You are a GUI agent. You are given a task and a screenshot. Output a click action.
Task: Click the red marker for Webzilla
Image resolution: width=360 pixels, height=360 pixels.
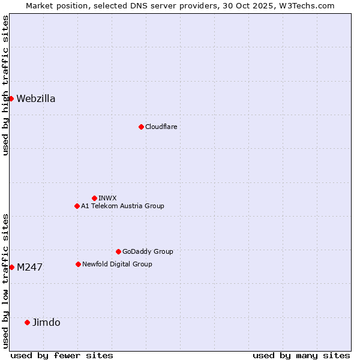pos(11,98)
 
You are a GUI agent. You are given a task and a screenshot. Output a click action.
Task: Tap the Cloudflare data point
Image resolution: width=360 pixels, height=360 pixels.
pos(141,127)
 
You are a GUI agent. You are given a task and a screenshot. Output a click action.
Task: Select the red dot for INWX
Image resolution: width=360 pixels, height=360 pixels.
pos(94,198)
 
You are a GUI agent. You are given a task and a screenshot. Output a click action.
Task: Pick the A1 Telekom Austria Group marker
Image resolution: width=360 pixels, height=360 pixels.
pos(77,206)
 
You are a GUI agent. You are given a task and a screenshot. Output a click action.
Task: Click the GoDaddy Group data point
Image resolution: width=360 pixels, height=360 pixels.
pos(118,251)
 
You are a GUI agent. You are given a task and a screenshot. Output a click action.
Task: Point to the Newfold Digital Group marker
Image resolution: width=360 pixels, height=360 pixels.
pos(78,264)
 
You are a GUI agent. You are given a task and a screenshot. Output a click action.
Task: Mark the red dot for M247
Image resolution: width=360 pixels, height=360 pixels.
pos(11,267)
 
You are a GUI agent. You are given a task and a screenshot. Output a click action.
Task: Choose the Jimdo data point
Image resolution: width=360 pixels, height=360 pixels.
pos(27,322)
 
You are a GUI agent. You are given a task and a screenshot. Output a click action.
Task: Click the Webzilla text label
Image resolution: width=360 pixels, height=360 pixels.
pos(36,99)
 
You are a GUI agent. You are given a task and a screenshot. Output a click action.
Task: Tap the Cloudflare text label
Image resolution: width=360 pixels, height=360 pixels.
pos(161,127)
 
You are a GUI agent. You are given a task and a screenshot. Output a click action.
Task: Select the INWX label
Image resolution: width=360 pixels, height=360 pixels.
pos(107,198)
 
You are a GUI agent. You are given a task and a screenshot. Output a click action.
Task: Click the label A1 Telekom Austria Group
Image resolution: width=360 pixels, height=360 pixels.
pos(122,206)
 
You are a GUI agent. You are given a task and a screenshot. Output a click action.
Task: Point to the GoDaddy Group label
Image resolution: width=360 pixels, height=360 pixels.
pos(148,252)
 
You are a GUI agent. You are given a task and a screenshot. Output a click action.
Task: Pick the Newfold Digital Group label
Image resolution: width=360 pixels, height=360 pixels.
pos(117,265)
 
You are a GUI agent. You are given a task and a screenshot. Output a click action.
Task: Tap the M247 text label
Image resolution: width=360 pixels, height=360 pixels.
pos(29,268)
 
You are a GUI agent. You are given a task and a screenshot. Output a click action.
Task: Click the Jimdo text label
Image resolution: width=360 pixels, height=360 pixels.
pos(46,323)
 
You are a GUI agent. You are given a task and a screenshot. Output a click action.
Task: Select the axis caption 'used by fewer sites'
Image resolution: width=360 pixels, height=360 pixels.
pos(62,355)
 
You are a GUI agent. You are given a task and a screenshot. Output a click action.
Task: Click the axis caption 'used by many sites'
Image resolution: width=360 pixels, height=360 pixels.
pos(301,355)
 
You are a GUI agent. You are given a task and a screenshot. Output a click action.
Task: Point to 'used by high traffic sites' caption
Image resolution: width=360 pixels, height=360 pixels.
pos(6,85)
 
